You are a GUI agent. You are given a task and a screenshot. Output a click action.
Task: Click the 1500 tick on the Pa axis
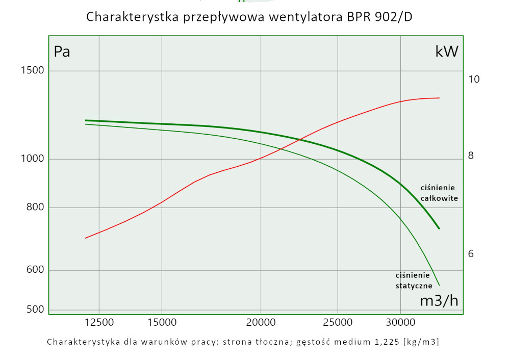pos(32,70)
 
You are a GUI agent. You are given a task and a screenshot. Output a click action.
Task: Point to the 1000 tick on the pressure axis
pos(32,159)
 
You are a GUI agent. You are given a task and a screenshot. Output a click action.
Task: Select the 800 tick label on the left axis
pos(34,207)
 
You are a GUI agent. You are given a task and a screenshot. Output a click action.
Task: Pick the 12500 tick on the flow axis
pos(98,322)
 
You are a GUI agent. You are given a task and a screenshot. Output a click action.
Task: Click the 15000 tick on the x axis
pos(162,322)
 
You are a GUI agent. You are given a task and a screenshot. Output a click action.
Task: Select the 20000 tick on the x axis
pos(261,322)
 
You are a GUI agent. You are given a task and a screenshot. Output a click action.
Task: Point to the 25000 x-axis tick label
pos(338,322)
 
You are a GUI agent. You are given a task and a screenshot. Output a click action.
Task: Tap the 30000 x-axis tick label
pos(400,322)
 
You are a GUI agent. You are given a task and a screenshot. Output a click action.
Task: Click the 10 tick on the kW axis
pos(474,80)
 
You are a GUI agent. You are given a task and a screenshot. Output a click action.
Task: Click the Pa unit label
pos(62,52)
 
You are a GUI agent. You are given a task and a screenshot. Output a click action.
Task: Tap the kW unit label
pos(447,52)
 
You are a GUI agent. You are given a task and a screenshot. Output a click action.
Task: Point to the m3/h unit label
pos(439,301)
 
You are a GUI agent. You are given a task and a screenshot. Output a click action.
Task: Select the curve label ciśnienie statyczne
pos(414,280)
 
